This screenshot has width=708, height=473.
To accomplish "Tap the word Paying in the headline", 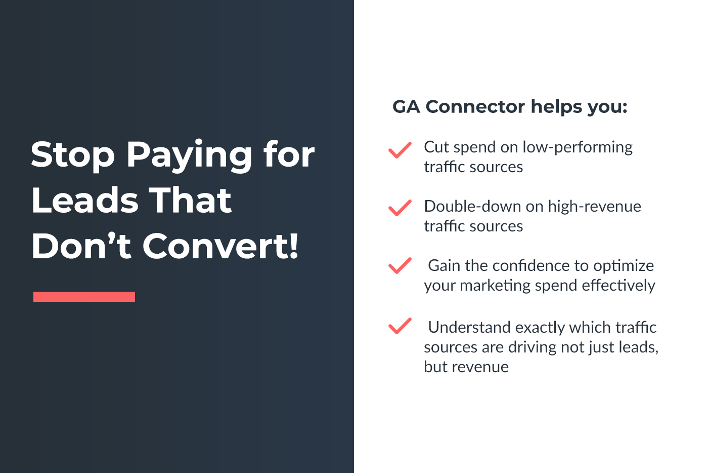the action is pyautogui.click(x=189, y=156).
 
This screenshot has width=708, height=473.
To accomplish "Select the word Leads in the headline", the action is pyautogui.click(x=85, y=200).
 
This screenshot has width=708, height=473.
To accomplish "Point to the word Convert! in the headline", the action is pyautogui.click(x=220, y=246).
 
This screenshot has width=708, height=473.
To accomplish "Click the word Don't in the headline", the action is pyautogui.click(x=81, y=246).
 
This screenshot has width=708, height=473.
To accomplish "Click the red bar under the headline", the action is pyautogui.click(x=84, y=297).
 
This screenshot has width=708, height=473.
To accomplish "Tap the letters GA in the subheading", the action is pyautogui.click(x=406, y=107).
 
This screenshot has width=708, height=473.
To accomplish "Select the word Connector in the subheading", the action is pyautogui.click(x=475, y=106).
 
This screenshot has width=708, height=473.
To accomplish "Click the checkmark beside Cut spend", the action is pyautogui.click(x=400, y=150).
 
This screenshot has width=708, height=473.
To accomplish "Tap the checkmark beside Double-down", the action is pyautogui.click(x=400, y=208).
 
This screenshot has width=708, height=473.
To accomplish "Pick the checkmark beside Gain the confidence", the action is pyautogui.click(x=400, y=266).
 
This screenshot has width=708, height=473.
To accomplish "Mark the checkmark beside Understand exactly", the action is pyautogui.click(x=400, y=326).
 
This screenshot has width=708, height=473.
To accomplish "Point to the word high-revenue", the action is pyautogui.click(x=595, y=207).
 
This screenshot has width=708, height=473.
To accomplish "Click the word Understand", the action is pyautogui.click(x=469, y=327).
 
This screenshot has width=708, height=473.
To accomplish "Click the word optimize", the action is pyautogui.click(x=623, y=266).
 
